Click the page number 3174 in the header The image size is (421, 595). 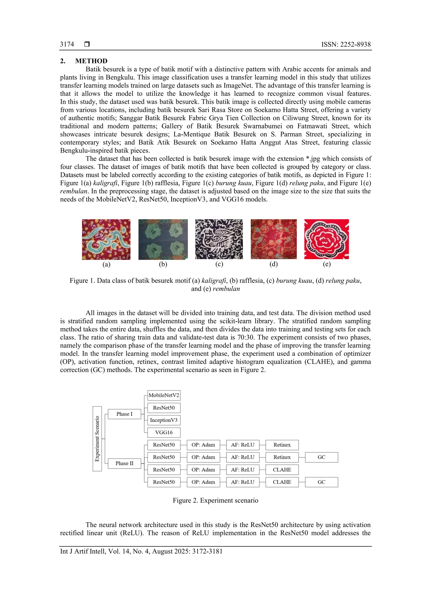[67, 44]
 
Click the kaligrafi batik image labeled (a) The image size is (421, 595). [106, 239]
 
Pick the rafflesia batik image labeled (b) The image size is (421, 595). [163, 239]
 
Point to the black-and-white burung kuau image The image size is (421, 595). [219, 239]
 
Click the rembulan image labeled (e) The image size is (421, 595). [326, 239]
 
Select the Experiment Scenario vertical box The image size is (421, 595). [97, 439]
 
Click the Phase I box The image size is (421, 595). [124, 414]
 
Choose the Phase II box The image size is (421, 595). [124, 463]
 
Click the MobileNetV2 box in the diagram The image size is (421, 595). [164, 395]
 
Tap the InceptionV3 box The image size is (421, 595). [164, 420]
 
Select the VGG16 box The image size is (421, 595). [164, 432]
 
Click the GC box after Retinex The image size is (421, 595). [322, 457]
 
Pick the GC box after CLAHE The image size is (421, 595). [322, 482]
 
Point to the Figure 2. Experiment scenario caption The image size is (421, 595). [215, 500]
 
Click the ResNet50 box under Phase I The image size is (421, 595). [164, 408]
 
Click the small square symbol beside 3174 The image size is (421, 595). [87, 44]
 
